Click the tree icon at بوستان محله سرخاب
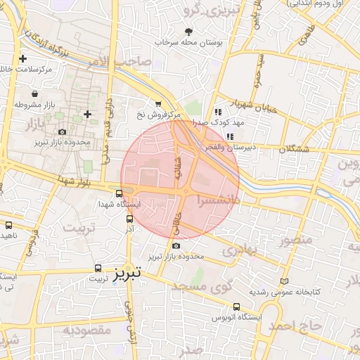point(188,31)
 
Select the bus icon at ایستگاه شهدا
point(119,192)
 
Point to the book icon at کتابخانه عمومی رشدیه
point(284,281)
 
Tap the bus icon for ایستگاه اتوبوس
point(236,307)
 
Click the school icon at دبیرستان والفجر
point(229,136)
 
